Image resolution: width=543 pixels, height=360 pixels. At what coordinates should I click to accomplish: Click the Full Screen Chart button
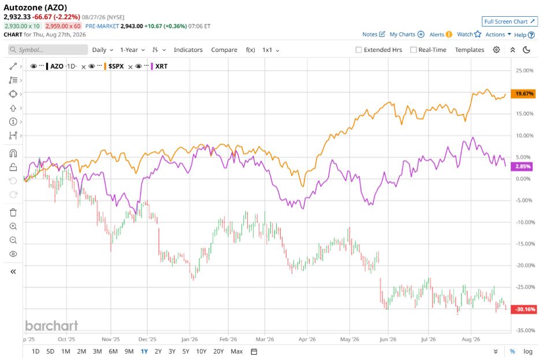click(x=509, y=21)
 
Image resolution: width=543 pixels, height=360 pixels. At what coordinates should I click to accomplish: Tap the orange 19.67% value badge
click(x=524, y=94)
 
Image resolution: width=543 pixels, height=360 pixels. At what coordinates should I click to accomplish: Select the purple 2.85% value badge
click(x=523, y=166)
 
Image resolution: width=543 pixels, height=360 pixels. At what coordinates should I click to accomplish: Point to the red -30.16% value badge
click(x=525, y=309)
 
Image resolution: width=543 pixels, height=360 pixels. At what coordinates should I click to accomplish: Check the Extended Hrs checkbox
click(x=359, y=50)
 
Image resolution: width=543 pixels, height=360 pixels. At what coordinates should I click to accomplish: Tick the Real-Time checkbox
click(x=413, y=50)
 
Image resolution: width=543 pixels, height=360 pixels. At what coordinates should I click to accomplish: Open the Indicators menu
click(x=188, y=50)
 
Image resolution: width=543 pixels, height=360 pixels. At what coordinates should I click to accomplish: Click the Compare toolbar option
click(x=224, y=50)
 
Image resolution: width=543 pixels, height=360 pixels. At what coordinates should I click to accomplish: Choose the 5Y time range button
click(x=185, y=351)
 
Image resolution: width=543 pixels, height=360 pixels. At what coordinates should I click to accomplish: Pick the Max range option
click(x=236, y=351)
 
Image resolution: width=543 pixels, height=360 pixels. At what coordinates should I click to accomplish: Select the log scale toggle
click(x=528, y=351)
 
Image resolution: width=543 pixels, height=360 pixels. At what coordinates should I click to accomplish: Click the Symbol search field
click(x=48, y=50)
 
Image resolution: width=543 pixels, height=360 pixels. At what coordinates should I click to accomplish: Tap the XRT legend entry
click(x=161, y=66)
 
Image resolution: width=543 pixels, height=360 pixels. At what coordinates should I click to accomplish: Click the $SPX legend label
click(x=116, y=66)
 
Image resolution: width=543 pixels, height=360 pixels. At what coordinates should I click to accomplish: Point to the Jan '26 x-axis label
click(x=189, y=339)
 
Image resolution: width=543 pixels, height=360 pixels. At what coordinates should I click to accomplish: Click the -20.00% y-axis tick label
click(x=525, y=265)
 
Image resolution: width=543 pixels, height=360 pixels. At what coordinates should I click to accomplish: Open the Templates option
click(x=469, y=50)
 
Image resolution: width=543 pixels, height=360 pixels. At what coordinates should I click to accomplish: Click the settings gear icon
click(x=496, y=50)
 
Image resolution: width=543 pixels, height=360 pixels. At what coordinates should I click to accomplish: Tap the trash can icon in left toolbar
click(x=13, y=213)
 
